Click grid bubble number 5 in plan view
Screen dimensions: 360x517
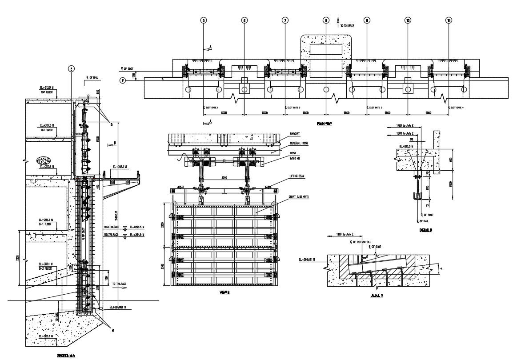tap(203, 20)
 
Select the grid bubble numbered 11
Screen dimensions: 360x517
tap(449, 20)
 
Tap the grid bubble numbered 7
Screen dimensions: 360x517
tap(285, 20)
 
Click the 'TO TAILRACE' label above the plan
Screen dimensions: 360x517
tap(347, 26)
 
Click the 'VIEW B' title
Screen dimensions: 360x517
tap(224, 292)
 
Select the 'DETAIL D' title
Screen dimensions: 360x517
tap(426, 230)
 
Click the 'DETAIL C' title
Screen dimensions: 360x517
tap(377, 296)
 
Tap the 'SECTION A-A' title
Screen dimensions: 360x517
tap(69, 356)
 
